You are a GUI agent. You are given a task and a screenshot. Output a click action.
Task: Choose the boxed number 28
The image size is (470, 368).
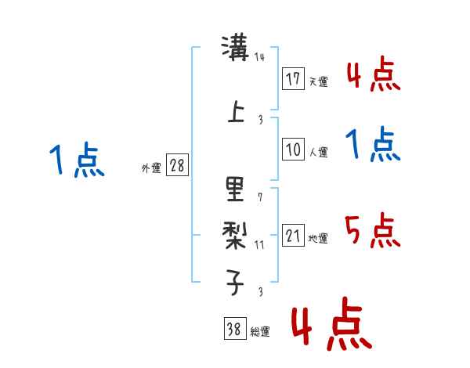pyautogui.click(x=178, y=165)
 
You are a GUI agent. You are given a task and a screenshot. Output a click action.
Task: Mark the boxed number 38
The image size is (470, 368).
pyautogui.click(x=234, y=329)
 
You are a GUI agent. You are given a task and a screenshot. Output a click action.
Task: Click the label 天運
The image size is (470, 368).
pyautogui.click(x=318, y=81)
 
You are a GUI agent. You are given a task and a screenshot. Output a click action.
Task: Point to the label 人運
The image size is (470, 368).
pyautogui.click(x=318, y=152)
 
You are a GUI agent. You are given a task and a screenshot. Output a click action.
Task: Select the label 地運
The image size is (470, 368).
pyautogui.click(x=318, y=239)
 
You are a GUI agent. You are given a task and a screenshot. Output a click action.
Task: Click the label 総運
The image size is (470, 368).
pyautogui.click(x=260, y=332)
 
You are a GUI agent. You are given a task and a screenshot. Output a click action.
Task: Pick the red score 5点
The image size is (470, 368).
pyautogui.click(x=372, y=231)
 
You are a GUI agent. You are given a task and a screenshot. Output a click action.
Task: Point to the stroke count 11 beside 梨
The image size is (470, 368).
pyautogui.click(x=260, y=244)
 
